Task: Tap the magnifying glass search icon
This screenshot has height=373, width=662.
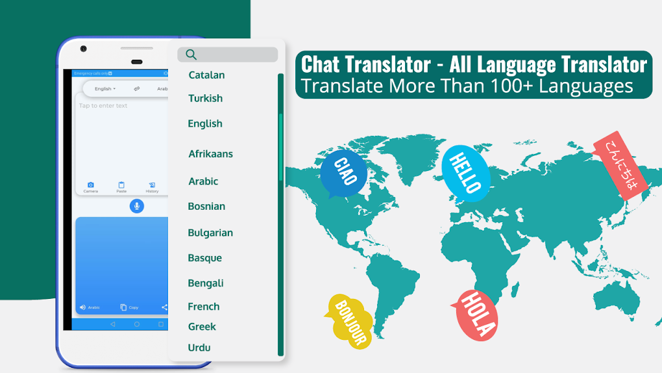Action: [x=191, y=55]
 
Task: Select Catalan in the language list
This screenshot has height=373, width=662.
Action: [x=206, y=75]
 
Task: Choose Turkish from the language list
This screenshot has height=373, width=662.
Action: [x=205, y=98]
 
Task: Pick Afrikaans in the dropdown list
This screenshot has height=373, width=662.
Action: [x=210, y=154]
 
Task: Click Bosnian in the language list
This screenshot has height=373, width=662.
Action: [x=206, y=206]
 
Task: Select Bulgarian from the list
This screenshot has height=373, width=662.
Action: [x=210, y=233]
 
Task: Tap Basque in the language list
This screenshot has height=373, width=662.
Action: [x=204, y=258]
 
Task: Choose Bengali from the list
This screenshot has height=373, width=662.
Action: [x=205, y=283]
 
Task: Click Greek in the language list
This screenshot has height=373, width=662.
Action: [x=202, y=326]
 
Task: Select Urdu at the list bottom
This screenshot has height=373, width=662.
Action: [x=199, y=348]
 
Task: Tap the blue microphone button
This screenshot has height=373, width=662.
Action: [x=136, y=206]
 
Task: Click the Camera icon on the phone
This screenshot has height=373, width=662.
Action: [x=91, y=185]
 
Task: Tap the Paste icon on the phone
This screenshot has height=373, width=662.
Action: [x=121, y=185]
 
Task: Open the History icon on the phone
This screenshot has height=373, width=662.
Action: [x=152, y=185]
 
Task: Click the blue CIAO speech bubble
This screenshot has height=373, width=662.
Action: [x=343, y=173]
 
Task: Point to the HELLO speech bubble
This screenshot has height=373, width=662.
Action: [x=465, y=172]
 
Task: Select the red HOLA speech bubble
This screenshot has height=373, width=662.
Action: [x=477, y=315]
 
